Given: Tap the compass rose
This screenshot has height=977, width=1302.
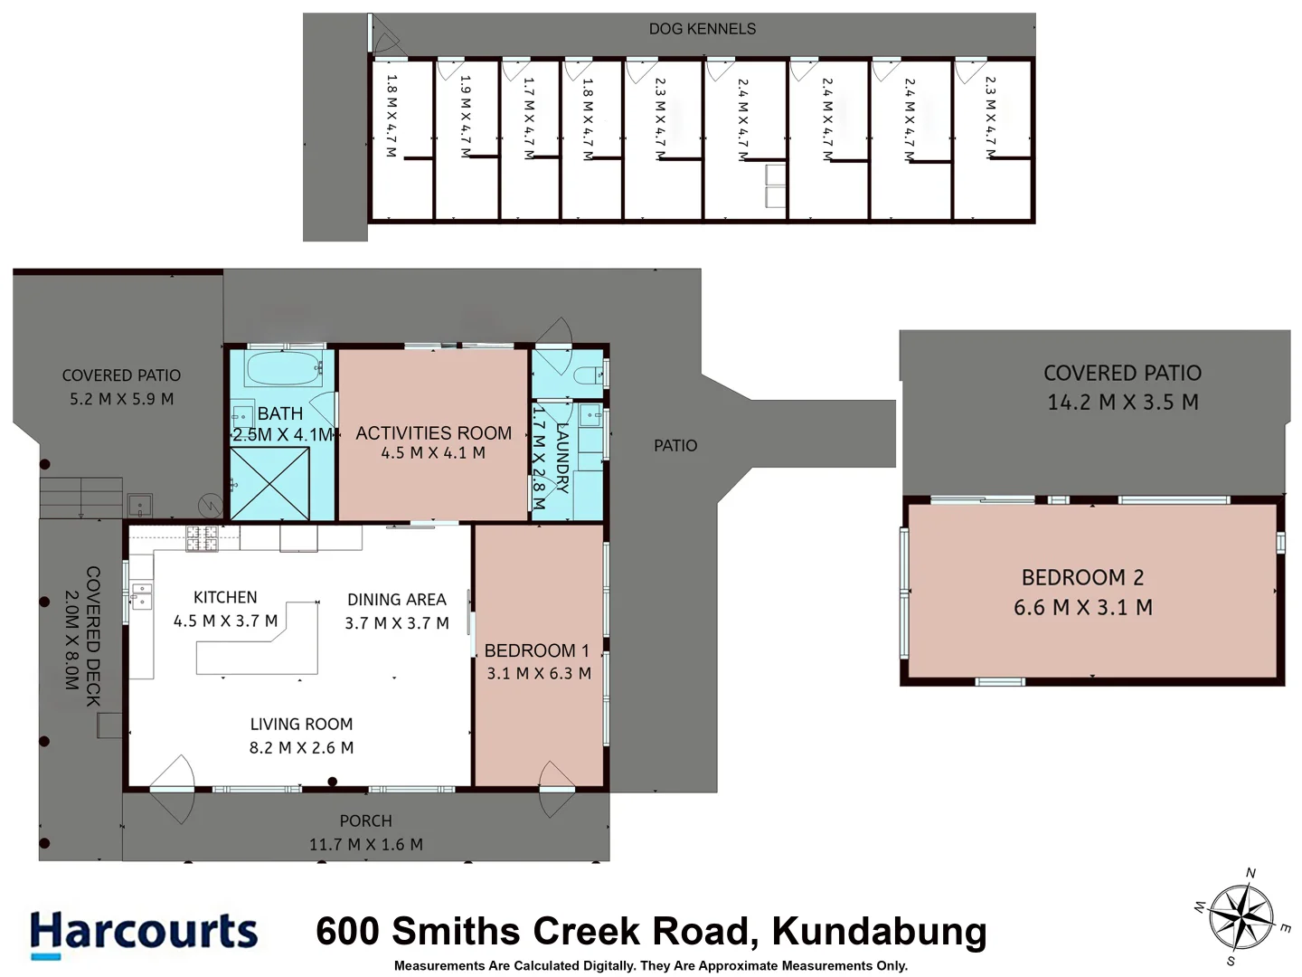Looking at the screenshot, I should (x=1241, y=916).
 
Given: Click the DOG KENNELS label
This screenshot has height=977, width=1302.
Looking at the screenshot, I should (x=702, y=29).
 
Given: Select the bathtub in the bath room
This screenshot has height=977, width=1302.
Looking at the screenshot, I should (x=283, y=369).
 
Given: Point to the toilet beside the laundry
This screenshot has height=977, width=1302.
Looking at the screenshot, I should (x=587, y=374).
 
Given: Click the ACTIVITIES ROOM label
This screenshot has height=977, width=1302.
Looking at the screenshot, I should (x=433, y=433).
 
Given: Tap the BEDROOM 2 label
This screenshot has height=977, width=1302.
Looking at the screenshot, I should (x=1082, y=577).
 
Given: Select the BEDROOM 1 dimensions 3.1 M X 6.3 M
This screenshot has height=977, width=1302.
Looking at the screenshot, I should (x=539, y=673).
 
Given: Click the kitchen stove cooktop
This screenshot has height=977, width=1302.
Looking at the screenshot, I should (x=202, y=538).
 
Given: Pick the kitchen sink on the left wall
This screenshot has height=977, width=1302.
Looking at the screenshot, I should (x=141, y=596).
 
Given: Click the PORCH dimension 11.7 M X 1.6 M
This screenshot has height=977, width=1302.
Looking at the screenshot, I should (x=365, y=844).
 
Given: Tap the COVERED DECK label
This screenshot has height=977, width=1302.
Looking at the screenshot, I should (x=92, y=636).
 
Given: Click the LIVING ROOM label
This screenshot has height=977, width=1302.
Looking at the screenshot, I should (x=301, y=724).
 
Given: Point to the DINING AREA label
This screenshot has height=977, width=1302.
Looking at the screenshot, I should (x=396, y=600).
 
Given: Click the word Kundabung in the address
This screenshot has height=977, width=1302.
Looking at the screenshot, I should (x=879, y=931).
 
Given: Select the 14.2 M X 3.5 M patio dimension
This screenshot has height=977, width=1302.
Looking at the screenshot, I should (x=1122, y=403).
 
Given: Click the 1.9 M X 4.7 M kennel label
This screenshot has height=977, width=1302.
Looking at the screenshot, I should (x=466, y=117).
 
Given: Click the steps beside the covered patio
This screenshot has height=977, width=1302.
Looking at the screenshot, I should (x=80, y=497).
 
